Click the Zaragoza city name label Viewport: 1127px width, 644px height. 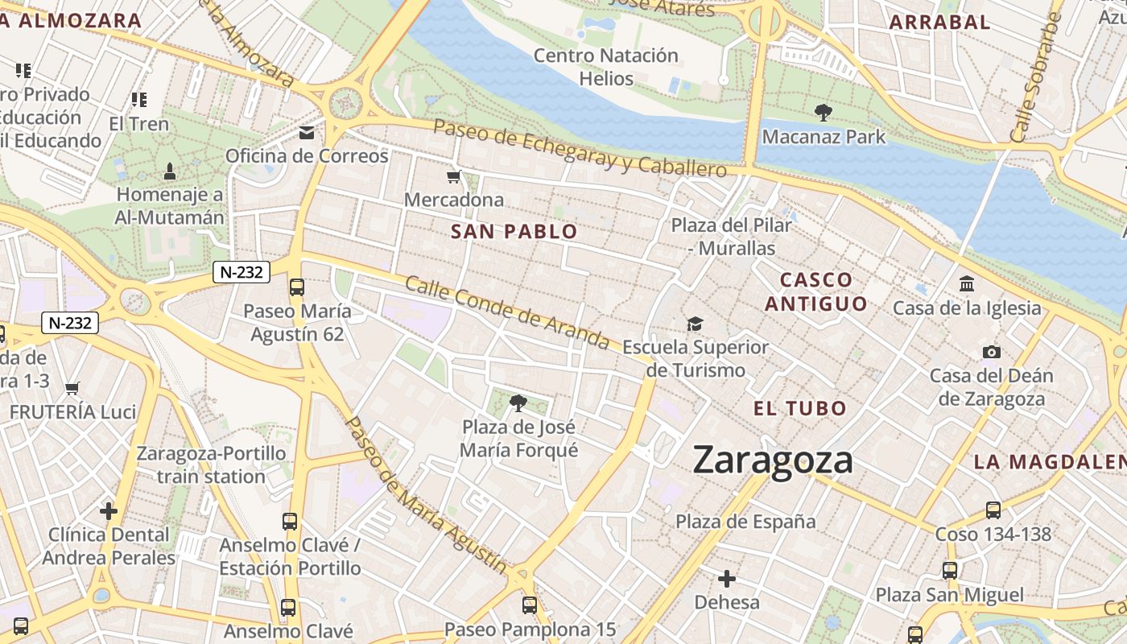[773, 460]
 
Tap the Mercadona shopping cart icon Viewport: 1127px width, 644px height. [454, 176]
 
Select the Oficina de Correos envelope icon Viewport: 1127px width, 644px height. [307, 133]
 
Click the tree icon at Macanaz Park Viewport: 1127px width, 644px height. [823, 113]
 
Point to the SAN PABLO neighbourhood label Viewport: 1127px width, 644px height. [514, 232]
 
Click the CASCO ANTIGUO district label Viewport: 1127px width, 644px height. [816, 291]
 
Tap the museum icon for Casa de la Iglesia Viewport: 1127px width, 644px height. [967, 284]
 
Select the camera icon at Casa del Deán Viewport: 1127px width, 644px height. [992, 352]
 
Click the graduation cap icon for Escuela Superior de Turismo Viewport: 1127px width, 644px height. [695, 324]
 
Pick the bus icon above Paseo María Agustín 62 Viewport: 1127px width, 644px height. [297, 287]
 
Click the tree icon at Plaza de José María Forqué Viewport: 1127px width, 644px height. [518, 402]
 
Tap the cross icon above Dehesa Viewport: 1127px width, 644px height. [727, 579]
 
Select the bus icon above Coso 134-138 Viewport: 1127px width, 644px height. [993, 510]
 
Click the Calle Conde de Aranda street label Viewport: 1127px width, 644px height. [507, 312]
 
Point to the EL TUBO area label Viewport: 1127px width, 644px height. [800, 408]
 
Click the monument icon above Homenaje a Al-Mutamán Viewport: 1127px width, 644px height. [170, 171]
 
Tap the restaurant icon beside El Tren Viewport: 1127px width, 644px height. [138, 100]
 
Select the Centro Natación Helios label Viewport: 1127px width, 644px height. [606, 67]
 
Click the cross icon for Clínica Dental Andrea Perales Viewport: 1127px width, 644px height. [109, 511]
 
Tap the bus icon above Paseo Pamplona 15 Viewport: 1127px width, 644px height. [530, 605]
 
